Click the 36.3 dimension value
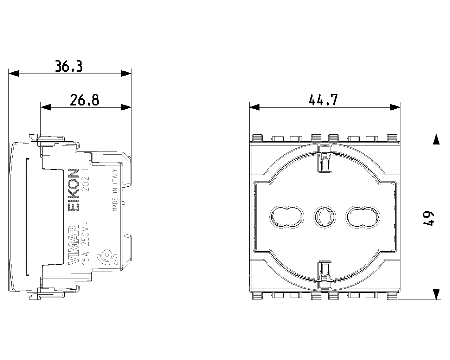69,66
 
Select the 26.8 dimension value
84,100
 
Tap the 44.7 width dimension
323,99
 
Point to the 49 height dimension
429,218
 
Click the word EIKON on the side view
73,190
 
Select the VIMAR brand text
73,245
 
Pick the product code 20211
85,180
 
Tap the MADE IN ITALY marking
115,190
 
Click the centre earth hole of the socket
325,217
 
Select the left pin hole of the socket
287,217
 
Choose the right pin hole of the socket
363,217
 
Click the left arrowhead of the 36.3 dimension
14,73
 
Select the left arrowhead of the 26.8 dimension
46,107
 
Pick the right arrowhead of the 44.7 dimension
395,107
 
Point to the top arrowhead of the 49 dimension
436,139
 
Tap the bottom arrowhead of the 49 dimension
436,294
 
